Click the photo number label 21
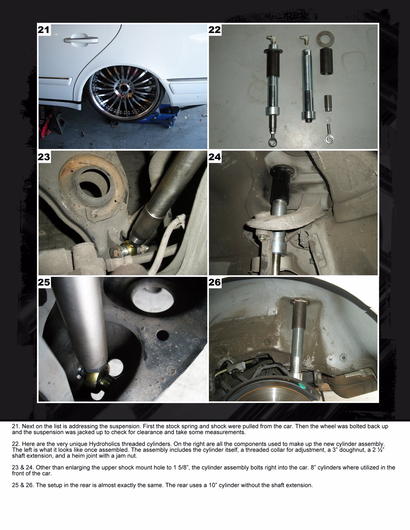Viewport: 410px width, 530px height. [44, 30]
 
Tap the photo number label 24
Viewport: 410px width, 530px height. [215, 157]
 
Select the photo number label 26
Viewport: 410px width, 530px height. [215, 282]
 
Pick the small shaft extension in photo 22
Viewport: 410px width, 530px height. [328, 103]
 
